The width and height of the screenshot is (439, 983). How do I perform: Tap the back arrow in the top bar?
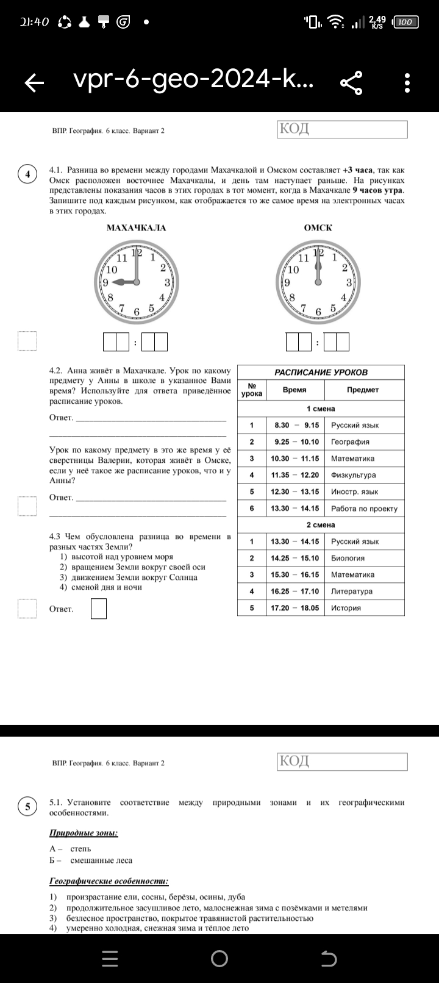(35, 83)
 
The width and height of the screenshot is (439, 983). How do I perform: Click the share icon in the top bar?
(351, 83)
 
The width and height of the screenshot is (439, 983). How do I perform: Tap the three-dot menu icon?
(407, 83)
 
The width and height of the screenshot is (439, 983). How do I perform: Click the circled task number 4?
(27, 174)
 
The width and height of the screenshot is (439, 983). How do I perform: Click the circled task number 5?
(27, 807)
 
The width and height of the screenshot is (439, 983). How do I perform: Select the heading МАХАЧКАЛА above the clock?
(136, 228)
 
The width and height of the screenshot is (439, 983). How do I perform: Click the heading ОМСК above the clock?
(318, 228)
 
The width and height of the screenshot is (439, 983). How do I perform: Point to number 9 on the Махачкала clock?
(105, 282)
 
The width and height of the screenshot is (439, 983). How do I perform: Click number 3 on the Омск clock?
(349, 282)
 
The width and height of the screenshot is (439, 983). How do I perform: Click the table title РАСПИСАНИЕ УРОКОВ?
(321, 372)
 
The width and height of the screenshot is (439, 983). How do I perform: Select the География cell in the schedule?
(350, 441)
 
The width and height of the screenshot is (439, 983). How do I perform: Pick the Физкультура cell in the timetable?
(353, 475)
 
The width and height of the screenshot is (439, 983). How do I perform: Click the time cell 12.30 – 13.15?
(295, 491)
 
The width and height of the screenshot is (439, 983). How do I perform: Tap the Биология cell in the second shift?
(348, 558)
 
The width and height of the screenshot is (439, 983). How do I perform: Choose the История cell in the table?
(346, 608)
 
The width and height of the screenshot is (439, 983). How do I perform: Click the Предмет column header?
(363, 390)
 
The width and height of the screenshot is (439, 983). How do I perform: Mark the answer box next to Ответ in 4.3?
(99, 609)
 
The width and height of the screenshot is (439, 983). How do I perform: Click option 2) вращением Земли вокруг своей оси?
(132, 567)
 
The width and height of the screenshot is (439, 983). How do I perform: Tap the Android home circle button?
(220, 959)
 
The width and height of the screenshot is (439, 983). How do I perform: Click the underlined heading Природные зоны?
(84, 833)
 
